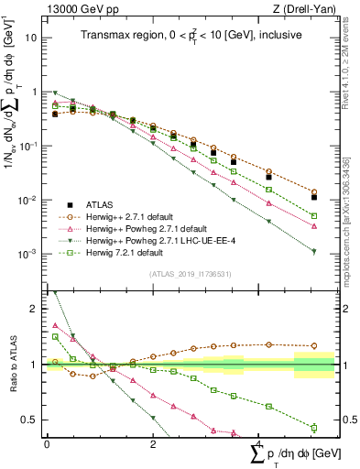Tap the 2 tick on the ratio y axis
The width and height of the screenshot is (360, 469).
point(35,309)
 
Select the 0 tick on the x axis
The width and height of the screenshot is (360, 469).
point(47,443)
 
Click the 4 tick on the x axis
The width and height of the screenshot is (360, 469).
point(259,443)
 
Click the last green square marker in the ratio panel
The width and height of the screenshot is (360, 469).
point(314,428)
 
